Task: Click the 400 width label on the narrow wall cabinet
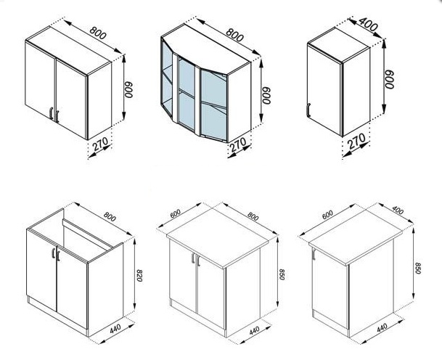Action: (x=368, y=24)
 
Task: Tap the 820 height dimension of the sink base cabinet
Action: (x=139, y=275)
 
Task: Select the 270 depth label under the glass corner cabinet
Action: (x=238, y=144)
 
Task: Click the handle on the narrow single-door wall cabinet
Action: (x=308, y=110)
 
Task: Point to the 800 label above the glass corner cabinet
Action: (x=234, y=34)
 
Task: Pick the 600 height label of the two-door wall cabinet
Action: (x=128, y=90)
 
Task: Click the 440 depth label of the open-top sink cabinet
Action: (x=115, y=329)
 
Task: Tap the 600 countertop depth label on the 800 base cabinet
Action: (x=176, y=213)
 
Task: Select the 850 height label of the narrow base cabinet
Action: (x=418, y=268)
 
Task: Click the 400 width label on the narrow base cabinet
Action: (x=398, y=210)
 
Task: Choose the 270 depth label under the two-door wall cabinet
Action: (x=101, y=144)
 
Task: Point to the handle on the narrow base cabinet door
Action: (x=314, y=254)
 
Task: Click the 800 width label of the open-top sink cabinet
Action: (x=110, y=216)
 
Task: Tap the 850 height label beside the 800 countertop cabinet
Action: (x=282, y=274)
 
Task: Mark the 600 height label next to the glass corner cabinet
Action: (x=266, y=95)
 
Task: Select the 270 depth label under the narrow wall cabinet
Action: (x=356, y=141)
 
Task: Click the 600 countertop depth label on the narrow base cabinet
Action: (x=327, y=215)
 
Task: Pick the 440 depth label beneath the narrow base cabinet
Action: (x=382, y=327)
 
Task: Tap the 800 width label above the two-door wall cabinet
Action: (x=98, y=33)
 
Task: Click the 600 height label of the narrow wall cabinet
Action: (x=389, y=80)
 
